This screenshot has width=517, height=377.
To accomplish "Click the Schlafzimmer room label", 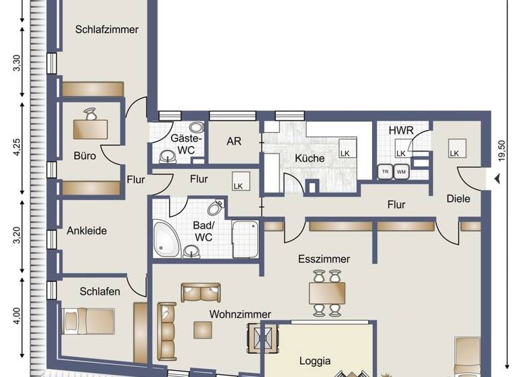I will (x=107, y=30).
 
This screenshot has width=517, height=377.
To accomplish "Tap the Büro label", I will (x=85, y=156).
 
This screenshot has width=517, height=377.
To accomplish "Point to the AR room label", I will (x=234, y=142).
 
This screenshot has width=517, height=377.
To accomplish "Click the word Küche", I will (x=310, y=159).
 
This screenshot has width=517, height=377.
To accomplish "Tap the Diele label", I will (x=458, y=199).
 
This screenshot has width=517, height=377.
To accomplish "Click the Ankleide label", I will (x=87, y=230).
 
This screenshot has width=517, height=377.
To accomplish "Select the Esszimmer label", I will (x=326, y=259).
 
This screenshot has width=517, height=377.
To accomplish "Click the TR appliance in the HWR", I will (x=386, y=171).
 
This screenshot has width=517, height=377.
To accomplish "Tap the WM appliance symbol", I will (x=401, y=171).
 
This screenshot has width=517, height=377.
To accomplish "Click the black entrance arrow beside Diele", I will (x=497, y=179).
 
